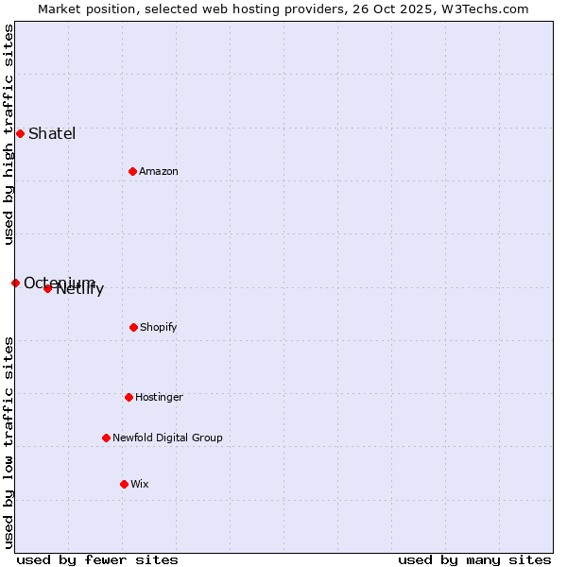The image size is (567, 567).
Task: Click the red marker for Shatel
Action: [20, 133]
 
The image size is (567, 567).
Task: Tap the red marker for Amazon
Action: [132, 171]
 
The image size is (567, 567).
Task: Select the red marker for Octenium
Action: [15, 283]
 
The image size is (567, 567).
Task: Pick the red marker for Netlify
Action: [47, 288]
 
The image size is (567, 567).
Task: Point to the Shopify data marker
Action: [133, 327]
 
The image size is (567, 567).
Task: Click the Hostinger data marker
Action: [129, 397]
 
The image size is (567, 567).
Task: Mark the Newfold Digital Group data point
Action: [106, 438]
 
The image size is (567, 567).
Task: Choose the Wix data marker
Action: [124, 484]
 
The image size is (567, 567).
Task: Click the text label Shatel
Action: [52, 133]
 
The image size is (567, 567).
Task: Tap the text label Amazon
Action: [159, 171]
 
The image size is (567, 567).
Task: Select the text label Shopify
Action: [159, 327]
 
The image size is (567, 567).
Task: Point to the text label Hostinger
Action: [159, 397]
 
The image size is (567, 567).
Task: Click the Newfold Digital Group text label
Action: [167, 438]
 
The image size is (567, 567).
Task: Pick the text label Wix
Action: [140, 484]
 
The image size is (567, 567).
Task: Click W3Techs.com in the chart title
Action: [489, 9]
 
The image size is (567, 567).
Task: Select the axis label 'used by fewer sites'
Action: [97, 559]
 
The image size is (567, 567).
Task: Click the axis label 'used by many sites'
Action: [474, 559]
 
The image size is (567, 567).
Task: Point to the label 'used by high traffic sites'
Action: [9, 134]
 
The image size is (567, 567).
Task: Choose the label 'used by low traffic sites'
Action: [9, 441]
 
